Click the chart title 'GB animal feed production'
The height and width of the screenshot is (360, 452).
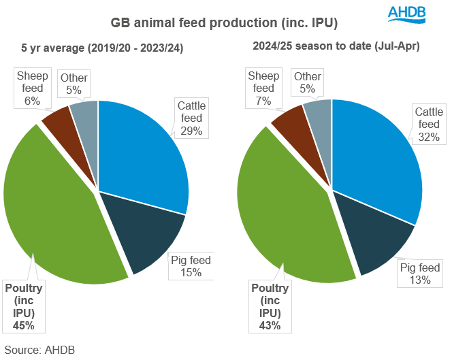coord(224,23)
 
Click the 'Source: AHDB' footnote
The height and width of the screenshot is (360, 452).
coord(39,350)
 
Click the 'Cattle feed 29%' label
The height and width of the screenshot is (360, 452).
coord(191,118)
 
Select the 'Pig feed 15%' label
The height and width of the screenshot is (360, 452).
coord(191,266)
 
